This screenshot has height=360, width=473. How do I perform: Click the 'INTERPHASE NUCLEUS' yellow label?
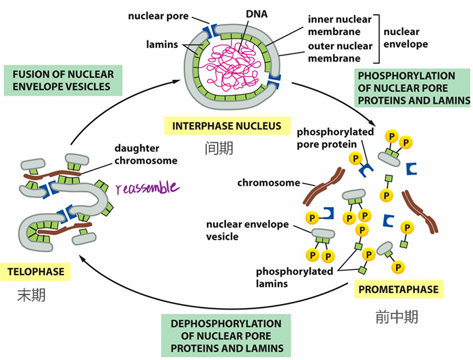point(227,126)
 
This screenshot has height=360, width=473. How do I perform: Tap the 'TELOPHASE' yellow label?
point(35,271)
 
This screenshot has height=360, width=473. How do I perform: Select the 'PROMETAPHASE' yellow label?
point(398,290)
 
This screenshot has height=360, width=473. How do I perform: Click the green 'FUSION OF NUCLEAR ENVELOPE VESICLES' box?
point(63,81)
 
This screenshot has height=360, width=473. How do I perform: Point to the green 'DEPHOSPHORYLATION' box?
point(226,336)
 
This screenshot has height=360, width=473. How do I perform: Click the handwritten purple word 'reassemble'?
point(147,187)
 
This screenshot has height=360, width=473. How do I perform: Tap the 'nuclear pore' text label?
point(158,16)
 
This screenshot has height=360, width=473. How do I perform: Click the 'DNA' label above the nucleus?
point(257,14)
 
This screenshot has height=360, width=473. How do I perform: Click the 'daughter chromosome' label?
point(146,154)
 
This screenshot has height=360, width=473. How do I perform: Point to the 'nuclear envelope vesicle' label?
point(247,230)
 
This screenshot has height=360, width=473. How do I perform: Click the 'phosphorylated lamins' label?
point(294,277)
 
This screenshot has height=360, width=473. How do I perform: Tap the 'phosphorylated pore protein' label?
point(335,138)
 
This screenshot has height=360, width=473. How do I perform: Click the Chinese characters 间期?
point(219,148)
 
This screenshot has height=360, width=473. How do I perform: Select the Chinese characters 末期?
point(31,295)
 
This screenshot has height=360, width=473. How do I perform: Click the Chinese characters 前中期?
point(397,317)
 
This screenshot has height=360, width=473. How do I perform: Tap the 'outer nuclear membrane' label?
point(340,52)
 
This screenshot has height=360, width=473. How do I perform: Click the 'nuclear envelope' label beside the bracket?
point(405,38)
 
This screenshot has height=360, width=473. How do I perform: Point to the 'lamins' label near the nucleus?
point(162,44)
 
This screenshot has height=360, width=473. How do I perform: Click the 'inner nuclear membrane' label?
point(340,25)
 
